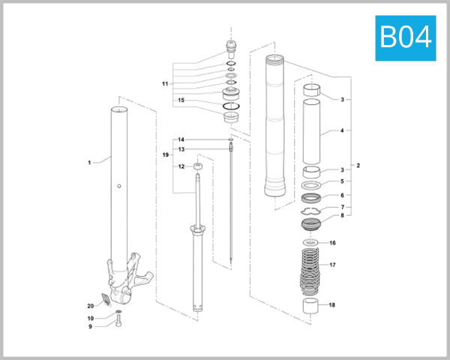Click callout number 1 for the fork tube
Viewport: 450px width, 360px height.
tap(88, 161)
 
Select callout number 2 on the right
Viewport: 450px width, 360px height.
tap(358, 165)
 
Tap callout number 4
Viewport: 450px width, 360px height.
tap(342, 130)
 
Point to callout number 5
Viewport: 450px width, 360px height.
tap(342, 181)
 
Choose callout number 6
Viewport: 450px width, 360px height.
tap(342, 195)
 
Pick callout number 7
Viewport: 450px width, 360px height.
tap(342, 207)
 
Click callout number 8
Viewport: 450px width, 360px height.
tap(342, 216)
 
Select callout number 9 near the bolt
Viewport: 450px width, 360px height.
tap(90, 326)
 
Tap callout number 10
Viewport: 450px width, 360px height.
tap(90, 318)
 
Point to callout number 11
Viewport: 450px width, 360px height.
tap(165, 83)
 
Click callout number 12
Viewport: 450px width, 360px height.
tap(181, 166)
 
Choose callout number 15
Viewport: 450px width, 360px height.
tap(181, 100)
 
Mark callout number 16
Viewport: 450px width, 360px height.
tap(333, 243)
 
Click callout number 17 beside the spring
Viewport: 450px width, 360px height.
tap(333, 265)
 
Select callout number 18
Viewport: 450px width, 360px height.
tap(333, 305)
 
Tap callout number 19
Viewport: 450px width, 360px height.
tap(166, 154)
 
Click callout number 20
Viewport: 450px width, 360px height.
tap(90, 305)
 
